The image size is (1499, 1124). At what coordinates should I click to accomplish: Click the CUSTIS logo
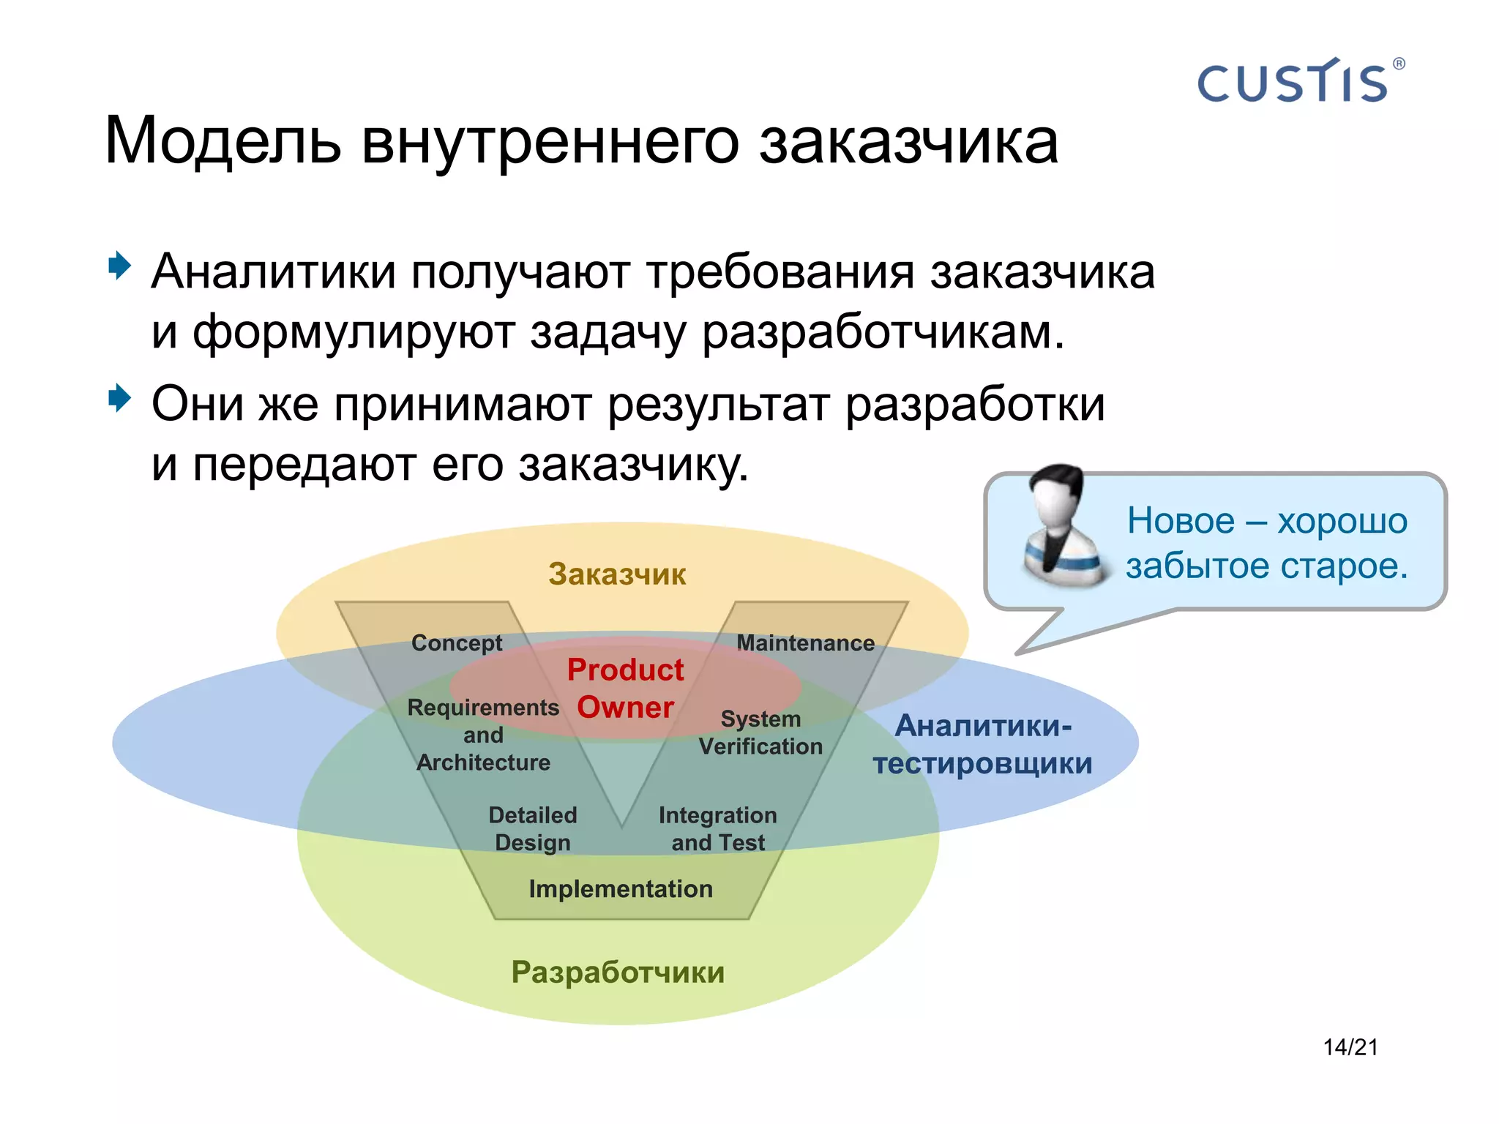[x=1292, y=82]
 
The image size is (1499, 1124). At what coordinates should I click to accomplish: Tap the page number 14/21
[x=1350, y=1047]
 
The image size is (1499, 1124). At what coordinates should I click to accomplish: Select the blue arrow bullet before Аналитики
[x=119, y=266]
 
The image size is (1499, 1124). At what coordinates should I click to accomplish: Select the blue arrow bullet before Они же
[x=119, y=399]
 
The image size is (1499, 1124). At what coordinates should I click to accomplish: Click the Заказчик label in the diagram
[x=617, y=574]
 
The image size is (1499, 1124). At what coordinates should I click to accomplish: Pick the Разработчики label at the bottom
[x=618, y=973]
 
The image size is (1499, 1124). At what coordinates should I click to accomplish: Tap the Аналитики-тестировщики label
[x=983, y=744]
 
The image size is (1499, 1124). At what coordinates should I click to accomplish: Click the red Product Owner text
[x=625, y=688]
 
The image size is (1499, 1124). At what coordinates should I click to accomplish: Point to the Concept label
[x=457, y=642]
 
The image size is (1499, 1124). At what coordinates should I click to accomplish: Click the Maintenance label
[x=805, y=642]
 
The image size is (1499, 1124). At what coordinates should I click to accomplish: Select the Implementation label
[x=621, y=888]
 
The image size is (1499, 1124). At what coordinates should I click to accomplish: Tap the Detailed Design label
[x=533, y=828]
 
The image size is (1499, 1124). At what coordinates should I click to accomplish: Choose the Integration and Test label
[x=717, y=828]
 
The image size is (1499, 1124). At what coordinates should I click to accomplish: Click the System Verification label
[x=760, y=733]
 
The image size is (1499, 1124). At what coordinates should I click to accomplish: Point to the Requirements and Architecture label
[x=483, y=735]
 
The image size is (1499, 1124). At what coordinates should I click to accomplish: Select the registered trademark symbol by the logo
[x=1399, y=64]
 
